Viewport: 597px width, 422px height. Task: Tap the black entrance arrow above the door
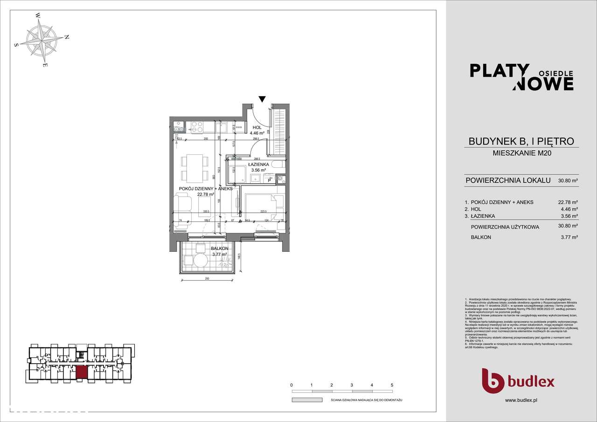click(x=262, y=99)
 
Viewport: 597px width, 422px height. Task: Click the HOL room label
click(x=257, y=127)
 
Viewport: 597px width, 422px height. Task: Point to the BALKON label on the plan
click(x=219, y=249)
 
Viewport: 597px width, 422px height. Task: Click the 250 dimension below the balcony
click(x=206, y=278)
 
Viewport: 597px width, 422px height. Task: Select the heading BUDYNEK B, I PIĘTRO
click(x=521, y=141)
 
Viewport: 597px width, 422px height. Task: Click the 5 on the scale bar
click(x=392, y=385)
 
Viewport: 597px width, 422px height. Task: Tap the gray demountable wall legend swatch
click(x=307, y=400)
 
